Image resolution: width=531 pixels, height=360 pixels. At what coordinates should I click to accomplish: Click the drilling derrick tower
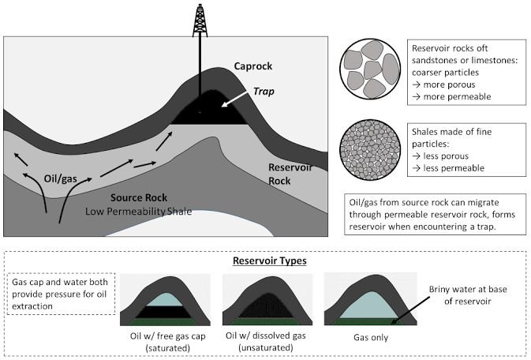tap(200, 21)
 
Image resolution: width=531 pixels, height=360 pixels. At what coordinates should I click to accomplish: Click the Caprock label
tap(253, 66)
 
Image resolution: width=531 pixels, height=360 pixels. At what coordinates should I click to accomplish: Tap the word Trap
tap(264, 92)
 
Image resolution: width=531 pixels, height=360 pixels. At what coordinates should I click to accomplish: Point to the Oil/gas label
tap(61, 178)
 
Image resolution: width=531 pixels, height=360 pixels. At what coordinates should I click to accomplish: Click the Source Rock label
tap(139, 197)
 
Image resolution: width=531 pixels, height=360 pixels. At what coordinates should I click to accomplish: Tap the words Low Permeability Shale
tap(139, 212)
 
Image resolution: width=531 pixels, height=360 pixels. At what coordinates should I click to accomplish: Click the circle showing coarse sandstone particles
tap(370, 69)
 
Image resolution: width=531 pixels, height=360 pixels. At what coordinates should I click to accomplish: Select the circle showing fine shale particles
tap(370, 149)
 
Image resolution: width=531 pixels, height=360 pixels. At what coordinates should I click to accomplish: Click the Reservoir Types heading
tap(270, 261)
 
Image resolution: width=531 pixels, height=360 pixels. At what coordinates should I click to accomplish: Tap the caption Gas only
tap(371, 337)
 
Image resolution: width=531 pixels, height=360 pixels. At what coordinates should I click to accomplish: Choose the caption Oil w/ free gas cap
tap(167, 336)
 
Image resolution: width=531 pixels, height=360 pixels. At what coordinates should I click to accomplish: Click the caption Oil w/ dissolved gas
tap(266, 336)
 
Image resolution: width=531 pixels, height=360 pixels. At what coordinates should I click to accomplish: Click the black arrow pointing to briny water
tap(411, 309)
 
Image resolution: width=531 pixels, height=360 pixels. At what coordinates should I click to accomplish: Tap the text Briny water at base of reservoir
tap(468, 295)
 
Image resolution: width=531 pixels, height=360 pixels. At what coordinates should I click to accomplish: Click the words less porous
tap(446, 156)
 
